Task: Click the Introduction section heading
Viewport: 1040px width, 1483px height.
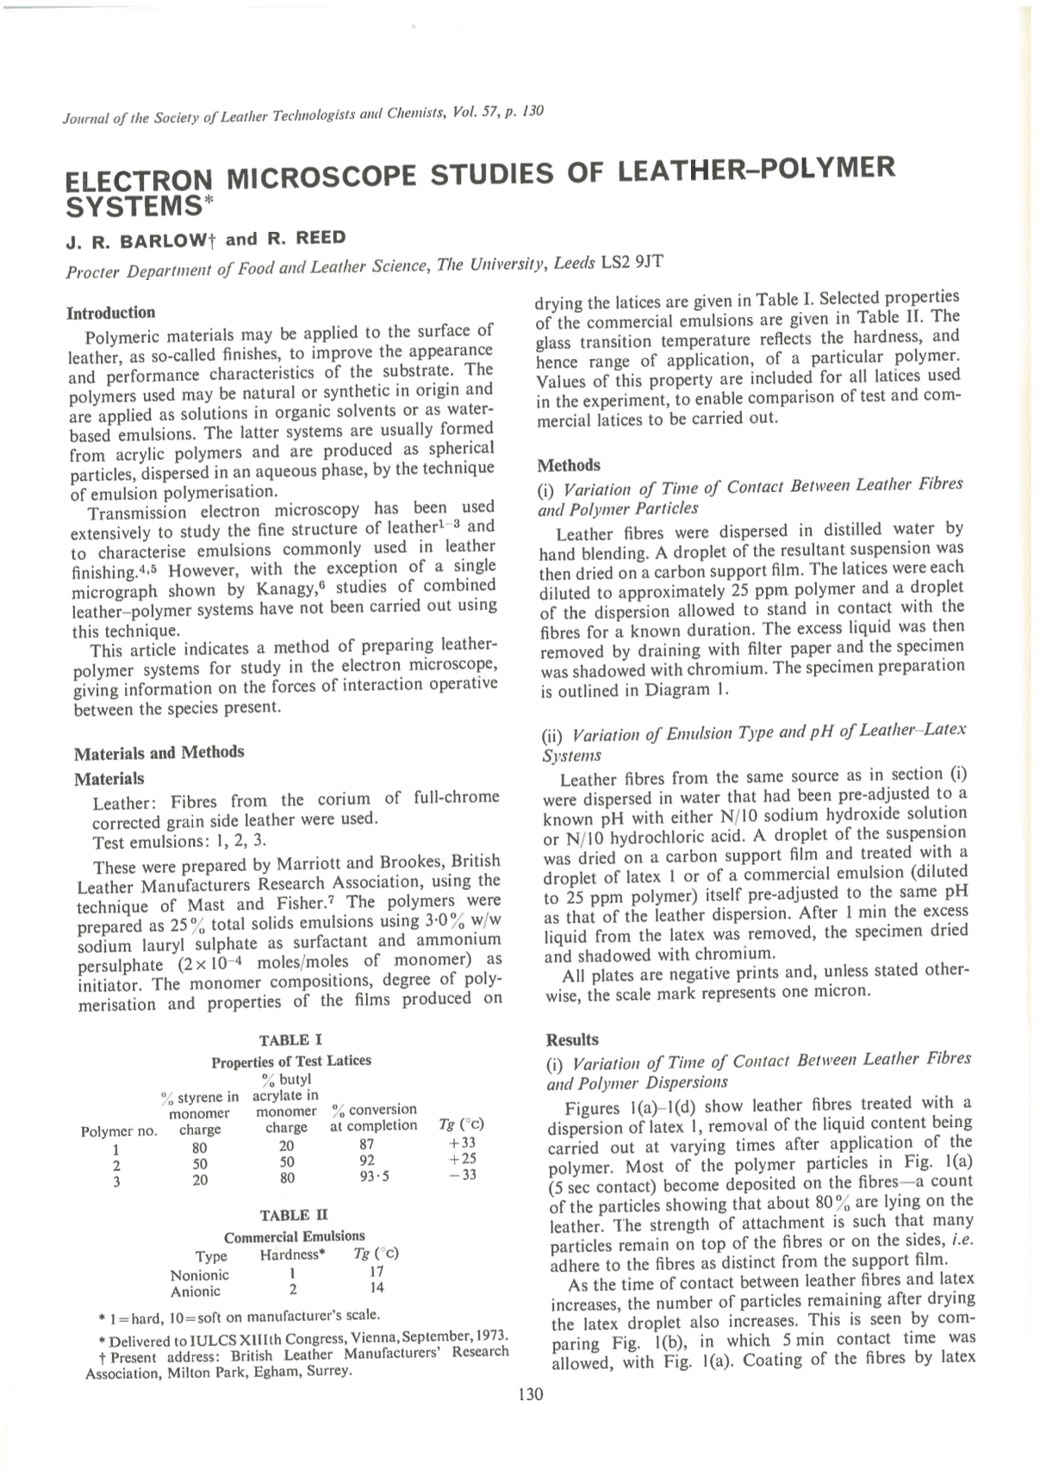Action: point(111,312)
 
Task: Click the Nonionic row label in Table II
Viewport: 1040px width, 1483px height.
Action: point(200,1274)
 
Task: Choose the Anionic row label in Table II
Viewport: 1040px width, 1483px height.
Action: point(196,1291)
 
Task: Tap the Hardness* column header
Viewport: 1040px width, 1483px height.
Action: point(292,1255)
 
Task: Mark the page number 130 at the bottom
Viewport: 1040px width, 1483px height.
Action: point(532,1394)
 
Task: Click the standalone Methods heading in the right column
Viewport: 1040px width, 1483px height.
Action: point(568,465)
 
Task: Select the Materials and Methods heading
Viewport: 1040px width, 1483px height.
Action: point(159,752)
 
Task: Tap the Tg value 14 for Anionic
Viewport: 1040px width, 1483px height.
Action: point(376,1287)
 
